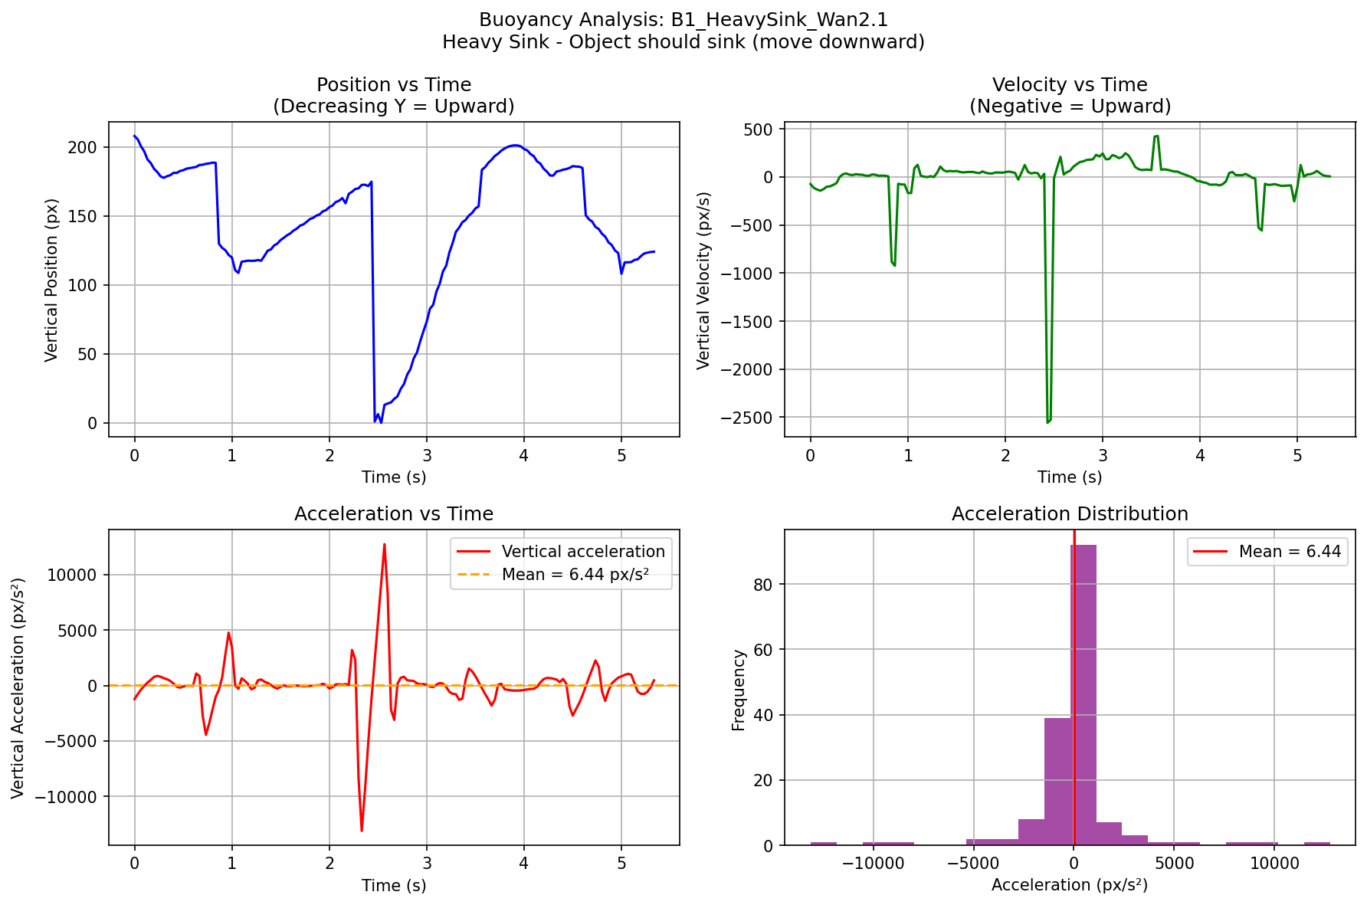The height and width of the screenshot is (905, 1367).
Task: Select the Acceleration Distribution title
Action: (x=1070, y=514)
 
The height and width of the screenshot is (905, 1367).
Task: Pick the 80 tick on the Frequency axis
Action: (x=753, y=585)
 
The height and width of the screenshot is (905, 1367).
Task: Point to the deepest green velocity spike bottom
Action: (x=1047, y=422)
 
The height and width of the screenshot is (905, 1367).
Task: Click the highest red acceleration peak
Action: (x=384, y=545)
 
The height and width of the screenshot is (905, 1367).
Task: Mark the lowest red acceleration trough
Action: (x=362, y=831)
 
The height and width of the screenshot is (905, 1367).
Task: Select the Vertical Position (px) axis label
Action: (x=51, y=280)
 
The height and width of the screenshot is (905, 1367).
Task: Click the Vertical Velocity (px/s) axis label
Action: (x=703, y=280)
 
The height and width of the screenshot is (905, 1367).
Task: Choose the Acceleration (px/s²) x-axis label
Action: (x=1070, y=886)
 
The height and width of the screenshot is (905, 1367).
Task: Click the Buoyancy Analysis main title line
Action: (x=683, y=20)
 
